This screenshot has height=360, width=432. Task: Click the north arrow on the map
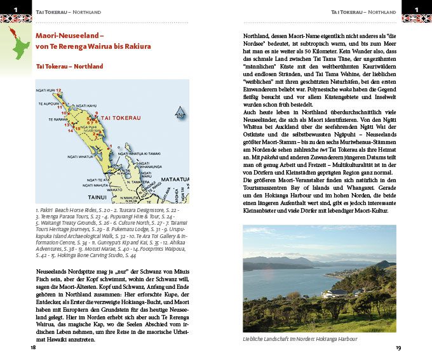[x=180, y=114]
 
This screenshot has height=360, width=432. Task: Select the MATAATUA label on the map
[x=174, y=180]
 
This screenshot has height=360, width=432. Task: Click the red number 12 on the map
[x=59, y=91]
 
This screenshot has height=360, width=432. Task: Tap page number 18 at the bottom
[x=32, y=347]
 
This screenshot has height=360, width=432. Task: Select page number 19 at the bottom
[x=398, y=347]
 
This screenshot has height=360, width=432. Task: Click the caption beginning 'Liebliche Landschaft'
[x=300, y=339]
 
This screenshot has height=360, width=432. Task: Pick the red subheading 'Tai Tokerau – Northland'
[x=70, y=66]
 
